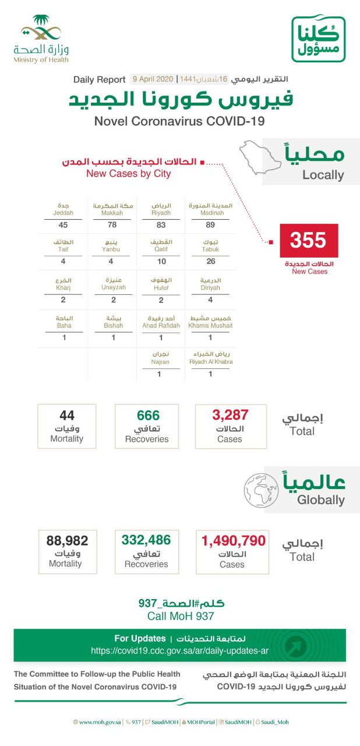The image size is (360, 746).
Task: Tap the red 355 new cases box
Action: click(308, 240)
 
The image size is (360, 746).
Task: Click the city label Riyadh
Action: click(160, 213)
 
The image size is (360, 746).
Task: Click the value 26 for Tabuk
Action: click(210, 262)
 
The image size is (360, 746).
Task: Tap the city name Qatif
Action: click(160, 249)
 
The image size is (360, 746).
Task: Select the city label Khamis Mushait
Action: click(210, 325)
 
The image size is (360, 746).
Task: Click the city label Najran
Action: click(160, 361)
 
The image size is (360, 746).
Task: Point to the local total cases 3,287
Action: click(230, 415)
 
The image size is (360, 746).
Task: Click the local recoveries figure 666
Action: click(147, 415)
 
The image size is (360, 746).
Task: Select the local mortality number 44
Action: click(66, 415)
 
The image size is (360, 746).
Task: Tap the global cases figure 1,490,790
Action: click(233, 540)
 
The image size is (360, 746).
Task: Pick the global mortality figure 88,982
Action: click(67, 540)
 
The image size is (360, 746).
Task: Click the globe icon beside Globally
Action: click(260, 488)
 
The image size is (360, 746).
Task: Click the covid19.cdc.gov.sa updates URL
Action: click(179, 650)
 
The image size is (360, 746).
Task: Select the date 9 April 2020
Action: click(153, 79)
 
